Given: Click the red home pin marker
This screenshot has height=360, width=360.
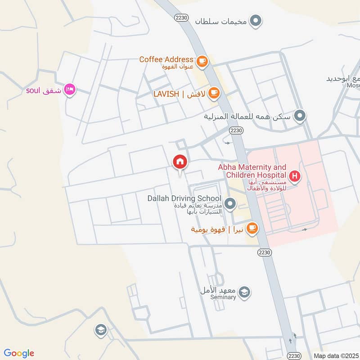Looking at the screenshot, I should tap(180, 161).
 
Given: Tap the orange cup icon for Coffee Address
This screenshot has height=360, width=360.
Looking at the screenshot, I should tap(202, 60).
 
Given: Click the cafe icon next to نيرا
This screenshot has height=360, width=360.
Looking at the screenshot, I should tap(252, 228).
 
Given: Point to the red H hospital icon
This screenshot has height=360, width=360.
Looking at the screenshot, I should tap(295, 176).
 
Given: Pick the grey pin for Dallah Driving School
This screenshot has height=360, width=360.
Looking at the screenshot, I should tap(230, 204).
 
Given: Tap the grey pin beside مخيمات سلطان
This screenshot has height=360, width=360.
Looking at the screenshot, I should tap(256, 21).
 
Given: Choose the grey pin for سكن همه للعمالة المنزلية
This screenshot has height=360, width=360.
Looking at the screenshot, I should tap(300, 117).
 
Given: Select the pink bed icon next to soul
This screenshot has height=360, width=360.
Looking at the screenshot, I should tap(70, 90).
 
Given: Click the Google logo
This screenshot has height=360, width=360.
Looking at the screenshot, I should tap(19, 353).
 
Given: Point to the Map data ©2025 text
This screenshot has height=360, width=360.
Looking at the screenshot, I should tap(336, 355).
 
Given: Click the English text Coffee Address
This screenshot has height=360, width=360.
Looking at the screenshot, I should tap(166, 59).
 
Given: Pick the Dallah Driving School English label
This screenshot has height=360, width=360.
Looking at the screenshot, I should tap(184, 198).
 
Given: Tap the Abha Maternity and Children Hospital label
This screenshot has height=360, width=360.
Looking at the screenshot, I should tap(252, 171).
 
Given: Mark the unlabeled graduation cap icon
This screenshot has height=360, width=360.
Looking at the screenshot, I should tap(101, 331).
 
